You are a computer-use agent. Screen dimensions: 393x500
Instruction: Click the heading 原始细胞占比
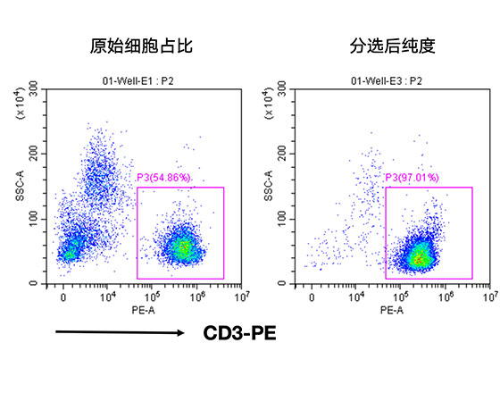pyautogui.click(x=142, y=45)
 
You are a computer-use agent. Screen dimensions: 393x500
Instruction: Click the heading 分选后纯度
pyautogui.click(x=387, y=45)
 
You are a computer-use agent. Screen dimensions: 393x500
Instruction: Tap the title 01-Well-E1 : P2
pyautogui.click(x=142, y=80)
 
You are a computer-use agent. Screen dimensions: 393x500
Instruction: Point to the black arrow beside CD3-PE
pyautogui.click(x=121, y=334)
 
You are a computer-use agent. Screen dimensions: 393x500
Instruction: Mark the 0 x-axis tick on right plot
pyautogui.click(x=311, y=296)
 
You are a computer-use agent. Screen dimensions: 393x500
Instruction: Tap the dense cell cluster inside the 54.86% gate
pyautogui.click(x=183, y=248)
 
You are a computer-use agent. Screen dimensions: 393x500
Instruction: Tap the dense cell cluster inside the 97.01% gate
pyautogui.click(x=419, y=257)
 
